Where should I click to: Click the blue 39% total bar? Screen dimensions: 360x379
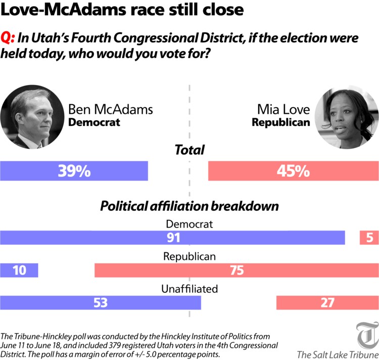(x=74, y=171)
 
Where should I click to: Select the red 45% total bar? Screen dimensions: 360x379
(x=293, y=171)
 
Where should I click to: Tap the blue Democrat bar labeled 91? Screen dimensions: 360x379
(x=172, y=237)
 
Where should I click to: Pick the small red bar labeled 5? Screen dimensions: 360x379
(x=369, y=237)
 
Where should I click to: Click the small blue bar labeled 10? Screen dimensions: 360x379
(x=19, y=270)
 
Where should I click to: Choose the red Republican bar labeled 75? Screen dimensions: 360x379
(x=236, y=270)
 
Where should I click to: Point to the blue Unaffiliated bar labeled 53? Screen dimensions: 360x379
(x=101, y=302)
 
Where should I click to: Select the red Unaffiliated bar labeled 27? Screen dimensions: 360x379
(x=327, y=302)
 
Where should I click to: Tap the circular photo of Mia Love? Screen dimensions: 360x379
(x=346, y=117)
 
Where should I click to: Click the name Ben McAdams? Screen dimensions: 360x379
(x=110, y=109)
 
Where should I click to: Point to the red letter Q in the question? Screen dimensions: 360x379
(x=7, y=38)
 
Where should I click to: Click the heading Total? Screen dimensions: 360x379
(x=189, y=150)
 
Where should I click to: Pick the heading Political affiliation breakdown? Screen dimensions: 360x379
(x=189, y=206)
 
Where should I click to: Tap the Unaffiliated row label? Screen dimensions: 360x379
(x=189, y=289)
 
